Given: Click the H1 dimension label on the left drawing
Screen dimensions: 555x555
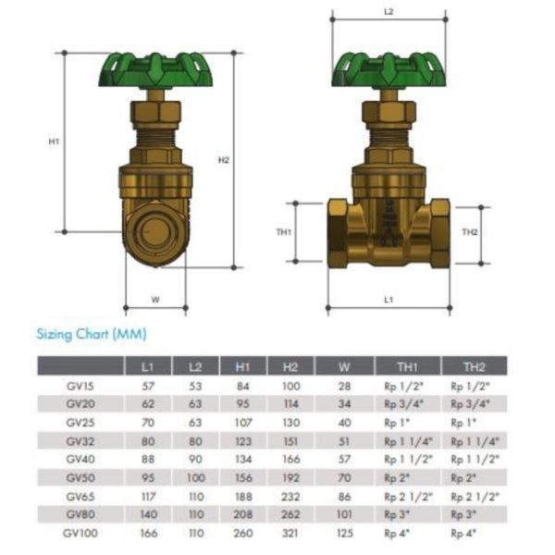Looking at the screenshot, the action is click(x=54, y=142).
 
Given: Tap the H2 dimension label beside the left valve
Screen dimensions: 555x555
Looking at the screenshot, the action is click(x=224, y=160).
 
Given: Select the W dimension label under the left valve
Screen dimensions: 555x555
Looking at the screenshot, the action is click(x=155, y=300).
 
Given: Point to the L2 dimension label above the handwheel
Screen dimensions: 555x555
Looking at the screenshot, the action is click(x=388, y=12).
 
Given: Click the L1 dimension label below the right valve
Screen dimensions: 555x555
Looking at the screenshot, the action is click(x=388, y=300).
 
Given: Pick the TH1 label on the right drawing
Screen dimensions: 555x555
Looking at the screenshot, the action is click(x=284, y=232).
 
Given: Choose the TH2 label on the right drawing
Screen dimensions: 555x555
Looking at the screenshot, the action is click(x=470, y=232).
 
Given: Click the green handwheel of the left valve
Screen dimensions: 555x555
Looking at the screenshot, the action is click(x=155, y=70).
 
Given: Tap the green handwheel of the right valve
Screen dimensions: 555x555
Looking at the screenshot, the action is click(x=388, y=70).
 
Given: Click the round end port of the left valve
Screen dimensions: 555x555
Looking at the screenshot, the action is click(x=155, y=232).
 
